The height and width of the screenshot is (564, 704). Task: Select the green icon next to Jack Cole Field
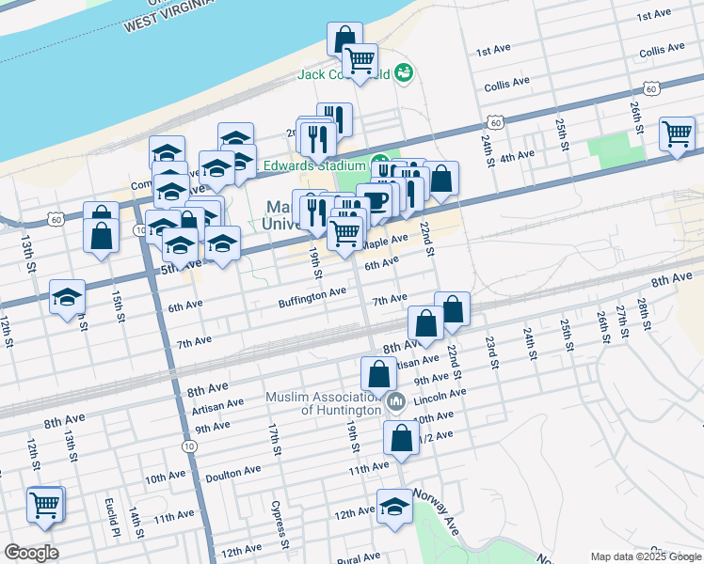coord(405,71)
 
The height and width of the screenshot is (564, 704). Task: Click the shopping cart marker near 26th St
coord(677,134)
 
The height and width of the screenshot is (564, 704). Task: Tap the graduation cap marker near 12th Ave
coord(394,506)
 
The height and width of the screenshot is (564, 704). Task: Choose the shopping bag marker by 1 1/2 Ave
coord(402,438)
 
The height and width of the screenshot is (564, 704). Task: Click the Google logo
coord(30,553)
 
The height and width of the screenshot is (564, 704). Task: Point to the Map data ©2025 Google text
coord(646,556)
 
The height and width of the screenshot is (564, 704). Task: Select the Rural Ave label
coord(358,558)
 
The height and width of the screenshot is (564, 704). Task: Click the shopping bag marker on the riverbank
coord(344,39)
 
